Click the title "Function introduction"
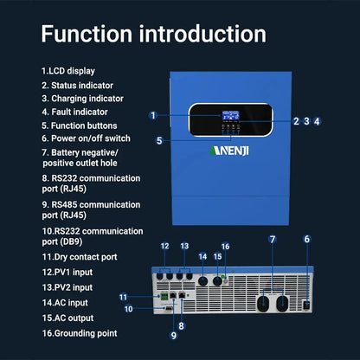(x=152, y=34)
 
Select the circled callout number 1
(x=152, y=115)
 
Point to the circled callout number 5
(x=159, y=140)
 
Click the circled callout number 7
(x=272, y=238)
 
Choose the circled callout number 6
(x=306, y=238)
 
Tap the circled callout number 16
(x=225, y=246)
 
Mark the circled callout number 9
(x=174, y=335)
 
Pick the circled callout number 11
(x=124, y=297)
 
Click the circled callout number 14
(x=203, y=256)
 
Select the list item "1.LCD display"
(x=68, y=70)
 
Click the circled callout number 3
(x=307, y=121)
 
